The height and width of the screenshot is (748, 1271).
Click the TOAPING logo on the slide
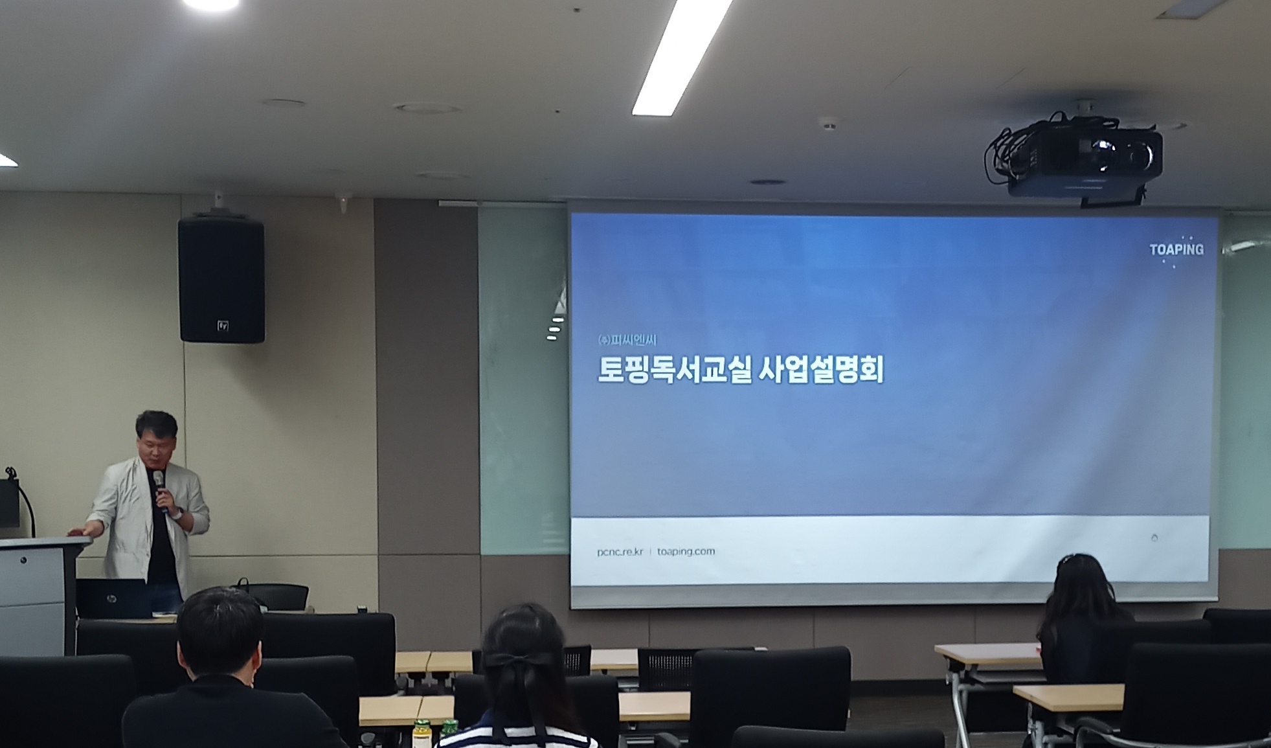click(x=1176, y=250)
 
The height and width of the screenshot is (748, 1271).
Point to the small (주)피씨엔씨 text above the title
click(x=627, y=339)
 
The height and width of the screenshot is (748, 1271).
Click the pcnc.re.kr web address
click(x=620, y=552)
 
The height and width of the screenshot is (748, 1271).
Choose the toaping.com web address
click(x=686, y=551)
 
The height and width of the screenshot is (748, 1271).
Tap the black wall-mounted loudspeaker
click(x=221, y=280)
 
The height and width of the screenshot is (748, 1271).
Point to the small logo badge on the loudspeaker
click(x=223, y=326)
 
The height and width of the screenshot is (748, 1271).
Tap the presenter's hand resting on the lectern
click(x=78, y=532)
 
